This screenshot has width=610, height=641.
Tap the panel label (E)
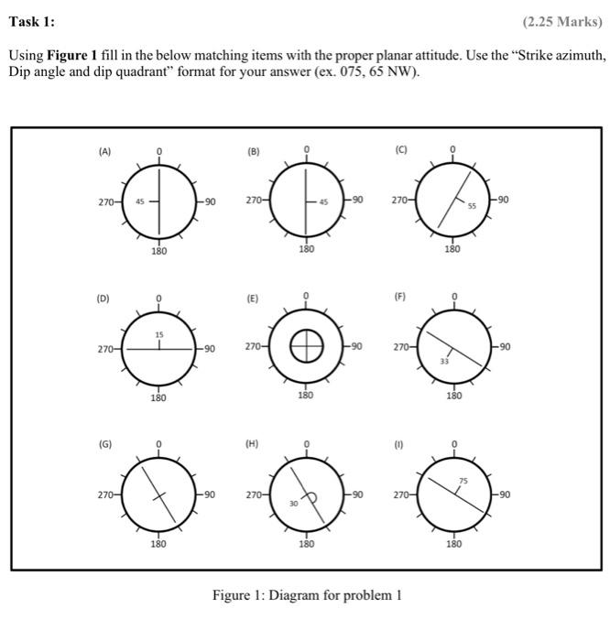tap(252, 298)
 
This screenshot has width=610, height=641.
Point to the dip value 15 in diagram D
tap(158, 336)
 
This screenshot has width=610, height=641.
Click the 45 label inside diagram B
tap(323, 201)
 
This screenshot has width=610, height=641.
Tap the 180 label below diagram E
tap(305, 396)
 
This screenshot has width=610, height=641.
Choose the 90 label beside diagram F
tap(504, 348)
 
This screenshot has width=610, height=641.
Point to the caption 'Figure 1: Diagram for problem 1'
tap(307, 596)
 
